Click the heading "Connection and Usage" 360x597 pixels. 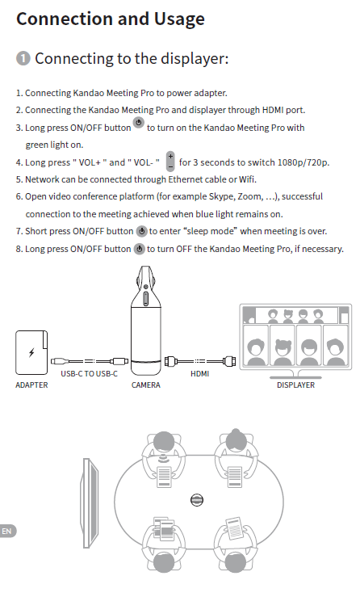(x=111, y=19)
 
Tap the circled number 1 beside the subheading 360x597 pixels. (x=23, y=59)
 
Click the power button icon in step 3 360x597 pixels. (x=139, y=123)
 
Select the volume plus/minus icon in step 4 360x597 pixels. (x=170, y=161)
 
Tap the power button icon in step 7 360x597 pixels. (x=141, y=231)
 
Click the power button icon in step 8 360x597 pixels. (x=140, y=249)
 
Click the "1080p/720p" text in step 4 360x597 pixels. (x=303, y=162)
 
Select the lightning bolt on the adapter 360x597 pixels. (x=31, y=352)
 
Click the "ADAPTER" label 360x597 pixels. (x=31, y=385)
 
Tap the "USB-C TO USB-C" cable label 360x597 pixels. (x=89, y=374)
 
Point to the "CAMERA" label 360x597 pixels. (x=146, y=385)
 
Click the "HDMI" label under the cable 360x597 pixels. (x=200, y=374)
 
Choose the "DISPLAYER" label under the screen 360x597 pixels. (x=295, y=385)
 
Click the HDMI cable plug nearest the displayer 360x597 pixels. (x=229, y=361)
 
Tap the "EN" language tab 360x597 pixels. (x=6, y=531)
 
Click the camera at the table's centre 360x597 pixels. (x=197, y=500)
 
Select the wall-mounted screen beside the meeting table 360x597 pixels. (x=90, y=503)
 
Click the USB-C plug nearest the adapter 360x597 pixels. (x=58, y=361)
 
